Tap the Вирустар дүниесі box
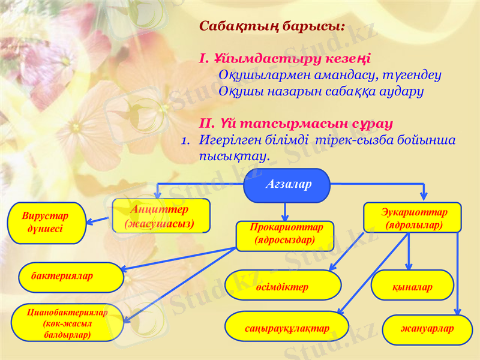(46, 223)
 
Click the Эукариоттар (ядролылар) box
(413, 218)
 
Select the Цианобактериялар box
(67, 322)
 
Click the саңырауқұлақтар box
(287, 327)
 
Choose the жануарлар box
(427, 329)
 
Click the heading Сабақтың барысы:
(272, 27)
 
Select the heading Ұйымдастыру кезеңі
(285, 59)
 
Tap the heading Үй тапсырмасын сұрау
(296, 124)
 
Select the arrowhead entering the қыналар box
(409, 267)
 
